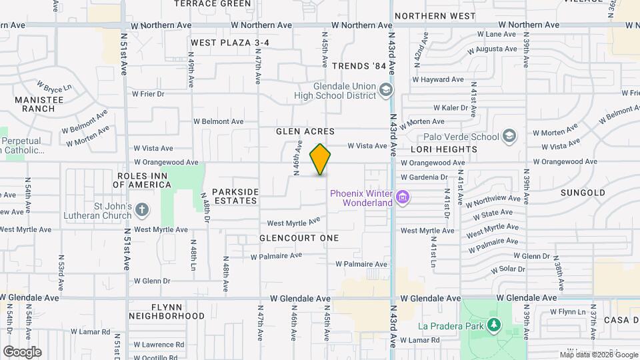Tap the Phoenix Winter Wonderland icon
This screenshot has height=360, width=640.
point(402,197)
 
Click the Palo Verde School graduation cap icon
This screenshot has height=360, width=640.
point(509,137)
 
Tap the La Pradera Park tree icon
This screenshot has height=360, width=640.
point(493,325)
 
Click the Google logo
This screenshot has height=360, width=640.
point(22,352)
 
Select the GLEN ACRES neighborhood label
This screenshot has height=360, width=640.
point(305,132)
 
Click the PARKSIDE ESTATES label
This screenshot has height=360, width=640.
point(235,196)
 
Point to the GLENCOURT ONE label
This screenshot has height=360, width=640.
point(299,238)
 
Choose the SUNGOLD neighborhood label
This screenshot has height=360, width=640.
point(583,193)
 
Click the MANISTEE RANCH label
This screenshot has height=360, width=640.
point(34,103)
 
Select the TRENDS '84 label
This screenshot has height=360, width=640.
point(359,66)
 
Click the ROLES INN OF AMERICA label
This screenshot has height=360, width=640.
point(145,180)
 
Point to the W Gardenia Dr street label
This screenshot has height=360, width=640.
point(424,177)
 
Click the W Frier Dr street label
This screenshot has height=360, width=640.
point(148,94)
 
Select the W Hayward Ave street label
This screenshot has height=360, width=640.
point(438,79)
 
